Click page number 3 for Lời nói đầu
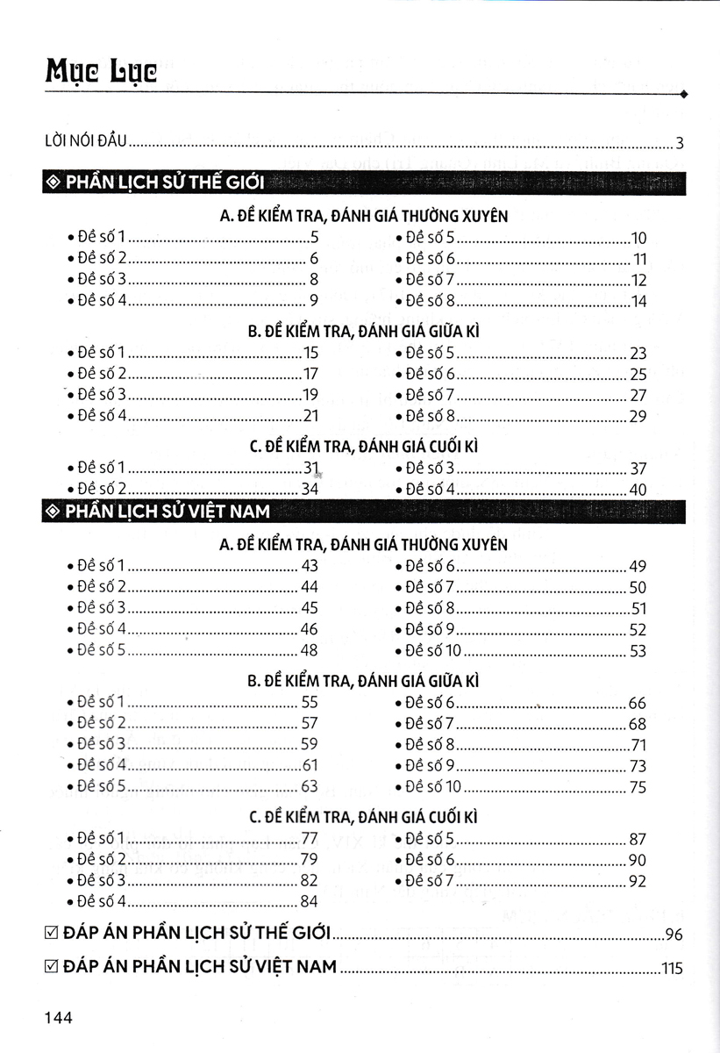[x=679, y=143]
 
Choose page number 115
[x=672, y=969]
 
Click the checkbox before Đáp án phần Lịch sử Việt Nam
[x=51, y=967]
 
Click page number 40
[x=638, y=490]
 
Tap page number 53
[x=638, y=651]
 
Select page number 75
[x=638, y=787]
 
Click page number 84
[x=309, y=901]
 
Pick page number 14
[x=638, y=302]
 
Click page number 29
[x=638, y=417]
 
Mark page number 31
[x=309, y=468]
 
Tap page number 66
[x=638, y=703]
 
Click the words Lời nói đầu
[x=86, y=141]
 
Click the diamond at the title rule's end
[x=683, y=93]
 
